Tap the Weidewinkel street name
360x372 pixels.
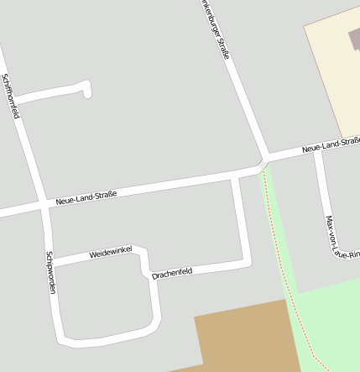click(x=111, y=252)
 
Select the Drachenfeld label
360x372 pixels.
click(x=172, y=272)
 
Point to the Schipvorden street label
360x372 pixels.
click(x=51, y=273)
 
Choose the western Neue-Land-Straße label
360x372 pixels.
click(x=86, y=197)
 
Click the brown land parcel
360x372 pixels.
click(x=243, y=340)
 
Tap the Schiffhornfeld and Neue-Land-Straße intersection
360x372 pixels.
click(x=43, y=204)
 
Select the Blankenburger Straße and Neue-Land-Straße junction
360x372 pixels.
click(x=263, y=162)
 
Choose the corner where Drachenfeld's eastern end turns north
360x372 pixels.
click(x=247, y=264)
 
